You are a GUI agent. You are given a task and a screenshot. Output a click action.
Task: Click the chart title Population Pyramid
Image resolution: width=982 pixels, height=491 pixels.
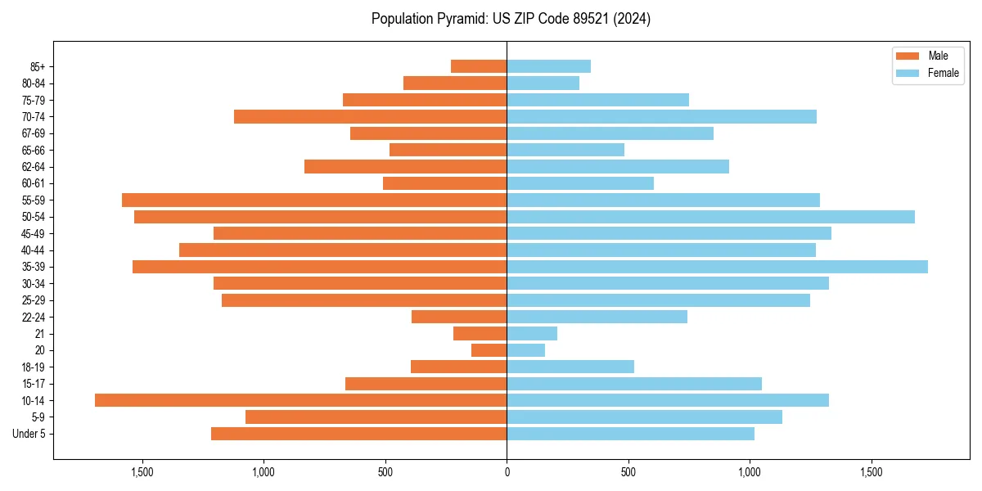pos(511,19)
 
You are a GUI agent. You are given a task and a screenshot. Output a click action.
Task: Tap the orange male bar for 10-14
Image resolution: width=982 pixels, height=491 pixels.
pos(300,400)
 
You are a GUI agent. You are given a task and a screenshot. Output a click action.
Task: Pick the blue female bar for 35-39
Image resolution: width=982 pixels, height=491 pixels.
pos(717,267)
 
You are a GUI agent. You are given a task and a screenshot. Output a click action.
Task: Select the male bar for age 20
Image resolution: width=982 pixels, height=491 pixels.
pos(489,350)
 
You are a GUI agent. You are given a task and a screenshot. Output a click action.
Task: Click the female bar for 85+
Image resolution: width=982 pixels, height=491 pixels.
pos(548,66)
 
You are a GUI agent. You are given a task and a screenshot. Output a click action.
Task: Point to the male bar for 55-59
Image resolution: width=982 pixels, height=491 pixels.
pos(314,200)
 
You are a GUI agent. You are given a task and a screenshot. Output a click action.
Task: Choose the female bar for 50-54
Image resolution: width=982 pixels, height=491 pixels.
pos(710,217)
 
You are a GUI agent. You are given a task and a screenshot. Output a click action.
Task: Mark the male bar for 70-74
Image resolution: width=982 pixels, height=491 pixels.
pos(370,116)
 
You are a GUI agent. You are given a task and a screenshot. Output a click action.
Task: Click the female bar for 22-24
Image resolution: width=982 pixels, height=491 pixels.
pos(597,317)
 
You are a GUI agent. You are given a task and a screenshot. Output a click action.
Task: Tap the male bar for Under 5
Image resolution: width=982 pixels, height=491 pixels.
pos(358,434)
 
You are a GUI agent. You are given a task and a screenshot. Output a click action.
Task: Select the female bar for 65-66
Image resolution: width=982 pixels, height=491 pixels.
pos(565,150)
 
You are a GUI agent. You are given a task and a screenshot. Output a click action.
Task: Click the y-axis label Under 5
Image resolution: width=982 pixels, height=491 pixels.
pos(29,434)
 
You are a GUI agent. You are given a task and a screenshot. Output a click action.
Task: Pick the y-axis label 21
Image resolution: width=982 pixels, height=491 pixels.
pos(39,334)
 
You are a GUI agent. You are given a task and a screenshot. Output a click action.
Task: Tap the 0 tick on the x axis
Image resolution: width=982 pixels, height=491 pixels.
pos(507,472)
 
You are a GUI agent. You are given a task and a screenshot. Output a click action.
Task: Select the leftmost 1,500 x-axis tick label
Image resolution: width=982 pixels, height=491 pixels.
pos(142,472)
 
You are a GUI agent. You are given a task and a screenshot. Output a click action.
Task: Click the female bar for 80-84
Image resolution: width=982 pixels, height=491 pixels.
pos(543,83)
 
